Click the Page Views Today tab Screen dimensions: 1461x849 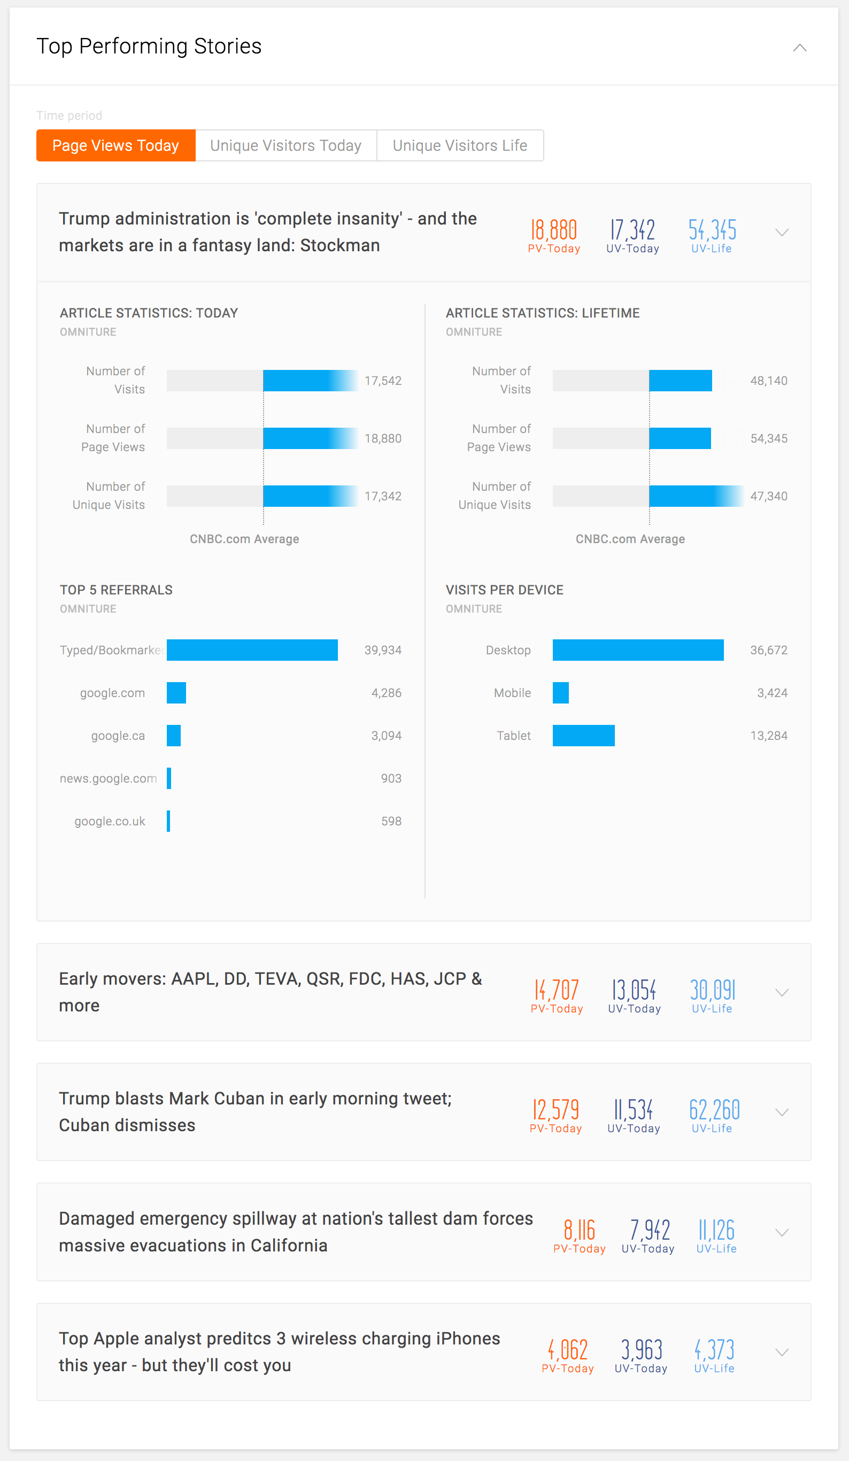point(115,145)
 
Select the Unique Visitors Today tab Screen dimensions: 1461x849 point(286,145)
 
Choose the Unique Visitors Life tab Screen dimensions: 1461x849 point(460,145)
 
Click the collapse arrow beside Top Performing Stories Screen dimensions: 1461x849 point(800,48)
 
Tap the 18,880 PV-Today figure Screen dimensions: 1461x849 point(554,231)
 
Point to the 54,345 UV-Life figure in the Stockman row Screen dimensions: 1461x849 point(712,231)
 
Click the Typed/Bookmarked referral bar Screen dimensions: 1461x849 point(252,650)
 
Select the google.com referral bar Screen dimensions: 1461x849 point(176,693)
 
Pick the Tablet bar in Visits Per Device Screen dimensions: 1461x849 point(583,736)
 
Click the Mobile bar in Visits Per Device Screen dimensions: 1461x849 point(561,693)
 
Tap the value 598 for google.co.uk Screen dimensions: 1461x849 point(391,821)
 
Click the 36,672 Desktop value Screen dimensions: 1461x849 point(768,650)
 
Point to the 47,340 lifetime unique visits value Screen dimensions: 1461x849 point(768,496)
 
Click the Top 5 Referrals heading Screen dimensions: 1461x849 point(116,590)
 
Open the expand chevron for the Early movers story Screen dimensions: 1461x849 point(782,993)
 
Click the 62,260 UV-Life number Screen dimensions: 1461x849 point(714,1110)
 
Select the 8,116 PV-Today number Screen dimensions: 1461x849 point(580,1230)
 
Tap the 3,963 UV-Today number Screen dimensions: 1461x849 point(642,1350)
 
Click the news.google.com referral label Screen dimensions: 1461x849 point(109,779)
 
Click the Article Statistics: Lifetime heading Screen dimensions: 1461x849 point(542,313)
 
